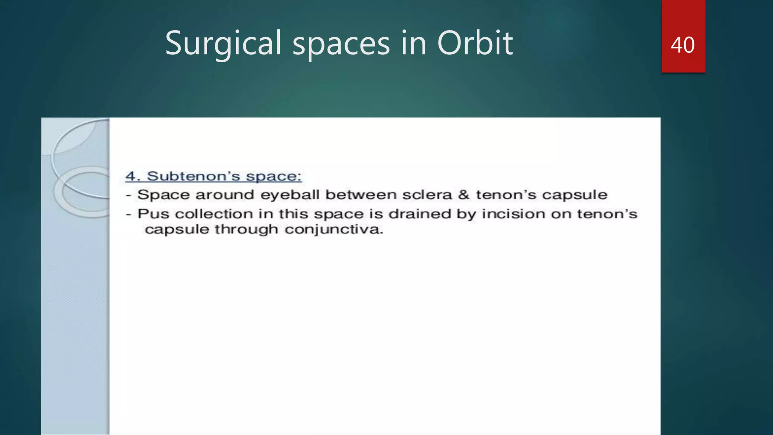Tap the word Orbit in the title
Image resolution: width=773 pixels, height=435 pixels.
tap(475, 43)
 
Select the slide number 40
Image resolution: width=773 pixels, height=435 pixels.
tap(682, 45)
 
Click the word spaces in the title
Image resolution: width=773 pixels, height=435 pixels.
tap(341, 43)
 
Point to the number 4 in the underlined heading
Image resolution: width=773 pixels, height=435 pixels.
tap(130, 176)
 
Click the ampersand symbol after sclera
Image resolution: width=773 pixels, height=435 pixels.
tap(463, 195)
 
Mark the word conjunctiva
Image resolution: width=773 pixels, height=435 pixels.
tap(334, 230)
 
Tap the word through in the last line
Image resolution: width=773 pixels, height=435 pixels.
tap(246, 230)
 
